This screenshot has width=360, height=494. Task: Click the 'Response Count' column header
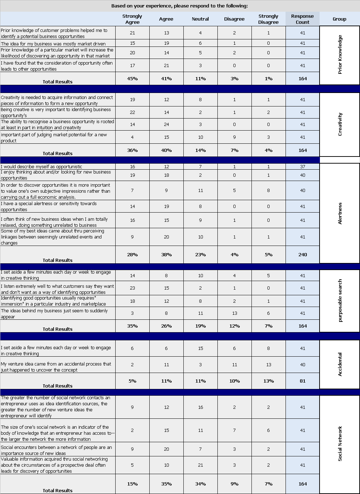tap(302, 19)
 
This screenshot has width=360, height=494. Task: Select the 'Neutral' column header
tap(200, 19)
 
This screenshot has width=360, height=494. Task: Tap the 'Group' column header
tap(339, 19)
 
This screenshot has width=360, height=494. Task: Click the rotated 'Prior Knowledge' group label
tap(340, 54)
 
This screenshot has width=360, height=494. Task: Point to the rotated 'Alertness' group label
tap(340, 213)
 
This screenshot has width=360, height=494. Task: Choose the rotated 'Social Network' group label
tap(340, 444)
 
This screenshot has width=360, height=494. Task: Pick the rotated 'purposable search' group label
tap(340, 301)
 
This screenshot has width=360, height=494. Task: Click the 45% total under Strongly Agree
tap(132, 78)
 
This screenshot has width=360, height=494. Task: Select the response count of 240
tap(303, 254)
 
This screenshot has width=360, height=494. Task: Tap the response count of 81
tap(303, 381)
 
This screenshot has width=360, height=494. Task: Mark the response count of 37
tap(303, 166)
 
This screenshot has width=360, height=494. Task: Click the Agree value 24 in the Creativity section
tap(166, 125)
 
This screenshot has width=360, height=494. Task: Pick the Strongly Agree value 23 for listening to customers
tap(132, 288)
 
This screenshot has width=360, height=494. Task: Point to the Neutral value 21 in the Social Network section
tap(200, 465)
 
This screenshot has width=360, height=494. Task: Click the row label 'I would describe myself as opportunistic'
tap(41, 166)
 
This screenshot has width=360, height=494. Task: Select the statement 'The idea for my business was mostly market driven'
tap(53, 44)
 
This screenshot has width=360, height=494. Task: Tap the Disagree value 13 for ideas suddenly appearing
tap(234, 313)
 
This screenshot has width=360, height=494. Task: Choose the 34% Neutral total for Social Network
tap(200, 484)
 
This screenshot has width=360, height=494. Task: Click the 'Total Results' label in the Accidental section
tap(57, 386)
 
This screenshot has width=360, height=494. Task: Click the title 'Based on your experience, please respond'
tap(179, 6)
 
